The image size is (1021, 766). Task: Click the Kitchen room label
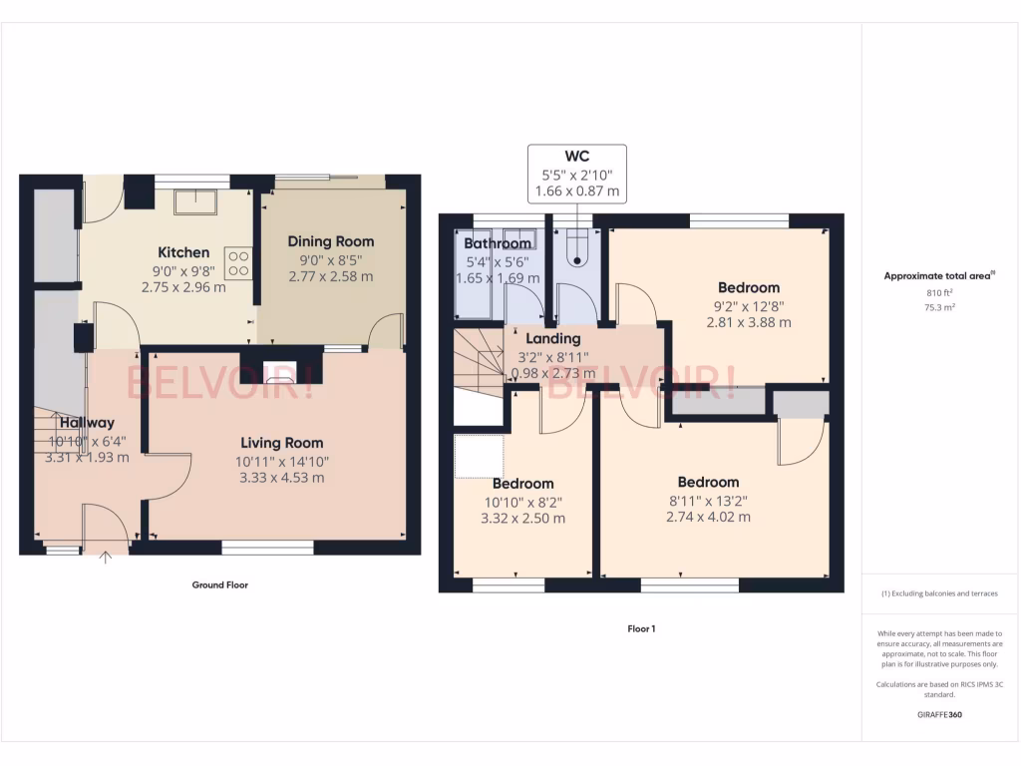(183, 252)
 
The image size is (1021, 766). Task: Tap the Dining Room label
(331, 241)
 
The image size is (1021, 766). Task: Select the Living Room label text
(281, 443)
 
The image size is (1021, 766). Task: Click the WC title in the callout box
(576, 156)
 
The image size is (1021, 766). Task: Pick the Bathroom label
(498, 243)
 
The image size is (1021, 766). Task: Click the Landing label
(552, 339)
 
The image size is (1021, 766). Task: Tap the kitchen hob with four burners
(239, 262)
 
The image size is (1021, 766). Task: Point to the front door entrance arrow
(106, 557)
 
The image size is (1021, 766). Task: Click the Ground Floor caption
(219, 585)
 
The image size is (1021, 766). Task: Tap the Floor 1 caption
(640, 629)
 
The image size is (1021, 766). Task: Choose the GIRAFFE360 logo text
(940, 714)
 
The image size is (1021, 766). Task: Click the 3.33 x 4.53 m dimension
(281, 478)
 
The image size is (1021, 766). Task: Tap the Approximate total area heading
(938, 276)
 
